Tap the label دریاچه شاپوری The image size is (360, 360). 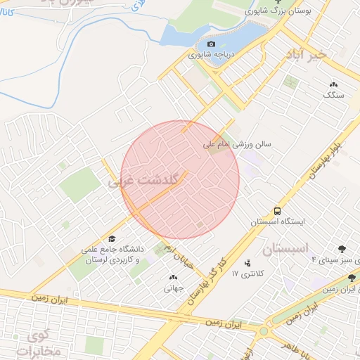pyautogui.click(x=210, y=53)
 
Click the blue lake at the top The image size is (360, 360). pyautogui.click(x=211, y=32)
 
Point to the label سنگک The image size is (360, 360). pyautogui.click(x=333, y=94)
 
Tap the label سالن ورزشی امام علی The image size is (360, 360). pyautogui.click(x=237, y=146)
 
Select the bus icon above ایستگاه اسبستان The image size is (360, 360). pyautogui.click(x=278, y=210)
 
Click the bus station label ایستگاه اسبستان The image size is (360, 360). pyautogui.click(x=280, y=221)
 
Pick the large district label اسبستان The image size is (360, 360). pyautogui.click(x=286, y=249)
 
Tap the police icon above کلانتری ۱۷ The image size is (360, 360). pyautogui.click(x=247, y=264)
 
